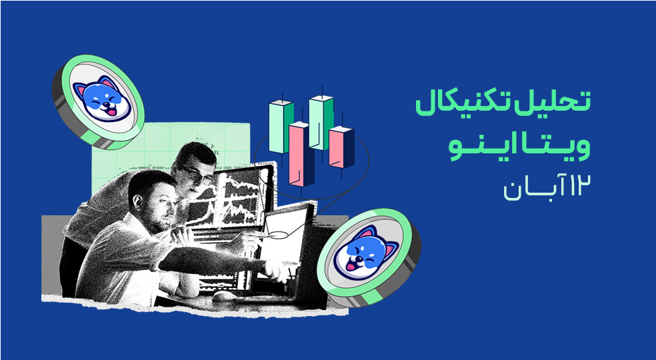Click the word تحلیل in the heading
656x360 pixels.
pyautogui.click(x=563, y=103)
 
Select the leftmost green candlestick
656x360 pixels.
pyautogui.click(x=280, y=124)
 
